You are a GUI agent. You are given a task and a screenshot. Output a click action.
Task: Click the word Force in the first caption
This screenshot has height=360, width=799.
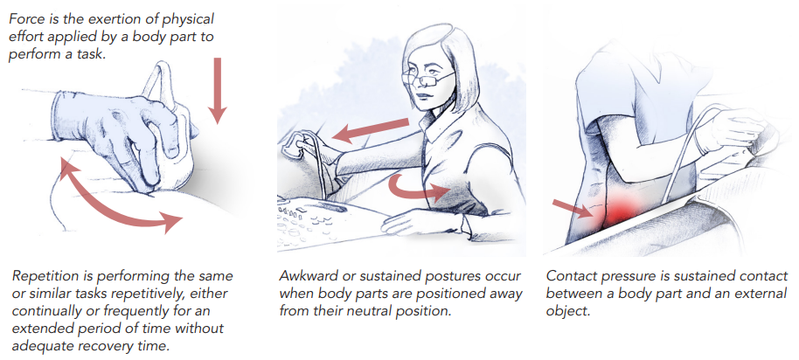coord(25,19)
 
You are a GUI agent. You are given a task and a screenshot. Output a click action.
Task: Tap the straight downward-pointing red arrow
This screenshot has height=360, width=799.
coord(218,91)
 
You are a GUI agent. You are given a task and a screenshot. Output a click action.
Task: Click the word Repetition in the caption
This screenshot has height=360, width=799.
coord(44,276)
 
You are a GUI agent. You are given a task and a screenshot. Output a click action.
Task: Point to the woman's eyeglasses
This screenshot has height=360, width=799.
coord(426,79)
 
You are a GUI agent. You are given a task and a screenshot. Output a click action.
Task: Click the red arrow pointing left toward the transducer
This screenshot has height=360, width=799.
coord(370,130)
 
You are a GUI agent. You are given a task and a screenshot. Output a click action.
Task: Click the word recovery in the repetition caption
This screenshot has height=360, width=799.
coord(115,345)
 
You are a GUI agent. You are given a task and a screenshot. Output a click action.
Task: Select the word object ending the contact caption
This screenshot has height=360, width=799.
coord(568,312)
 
